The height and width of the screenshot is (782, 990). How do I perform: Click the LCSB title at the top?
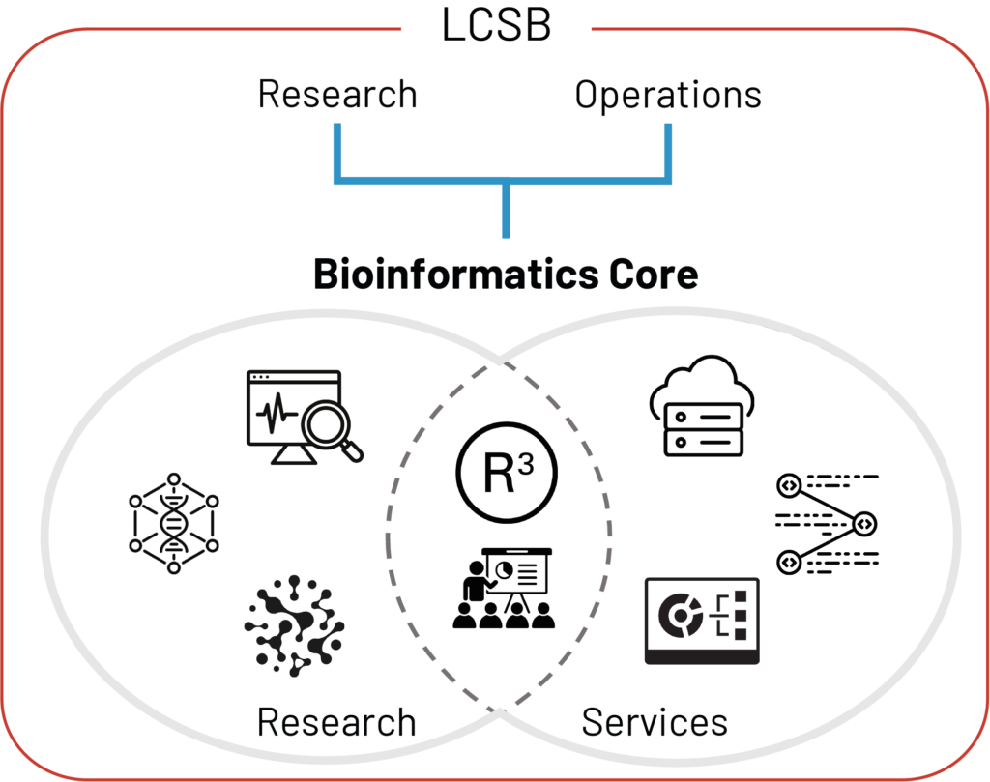coord(496,26)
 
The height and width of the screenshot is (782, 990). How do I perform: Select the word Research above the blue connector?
coord(337,95)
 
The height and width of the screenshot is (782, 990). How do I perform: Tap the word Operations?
coord(668,95)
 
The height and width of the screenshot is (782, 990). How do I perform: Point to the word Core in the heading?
coord(653,275)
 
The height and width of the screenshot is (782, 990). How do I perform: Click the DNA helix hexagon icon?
coord(174,523)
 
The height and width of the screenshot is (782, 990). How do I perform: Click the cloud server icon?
coord(704,407)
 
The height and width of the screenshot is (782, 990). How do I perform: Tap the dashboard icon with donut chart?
coord(702,621)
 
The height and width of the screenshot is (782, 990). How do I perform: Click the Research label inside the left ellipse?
coord(336,722)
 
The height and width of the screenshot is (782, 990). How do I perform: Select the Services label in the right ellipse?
coord(655,722)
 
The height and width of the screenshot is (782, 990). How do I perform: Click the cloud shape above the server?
coord(704,381)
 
